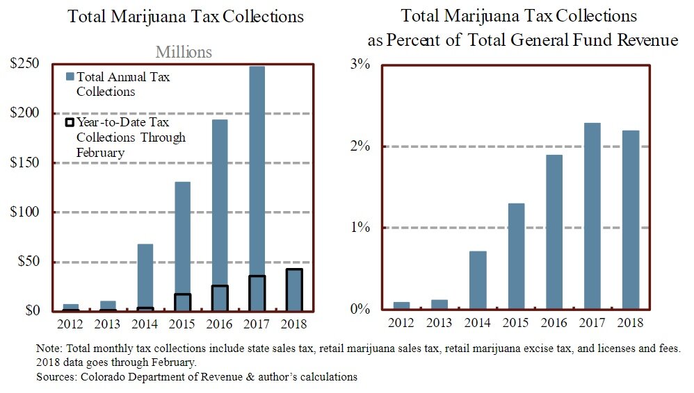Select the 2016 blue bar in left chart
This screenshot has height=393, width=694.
tap(220, 201)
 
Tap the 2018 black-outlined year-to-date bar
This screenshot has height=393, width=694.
tap(295, 290)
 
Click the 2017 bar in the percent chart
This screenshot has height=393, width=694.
tap(592, 216)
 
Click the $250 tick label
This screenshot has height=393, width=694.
tap(24, 64)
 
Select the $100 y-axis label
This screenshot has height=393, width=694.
tap(24, 212)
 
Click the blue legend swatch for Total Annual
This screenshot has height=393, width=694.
tap(70, 76)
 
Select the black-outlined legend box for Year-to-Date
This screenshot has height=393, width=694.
tap(70, 123)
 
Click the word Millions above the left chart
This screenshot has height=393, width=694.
tap(184, 52)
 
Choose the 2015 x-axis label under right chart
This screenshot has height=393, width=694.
tap(515, 323)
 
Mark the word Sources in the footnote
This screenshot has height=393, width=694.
tap(54, 376)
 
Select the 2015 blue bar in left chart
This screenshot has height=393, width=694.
tap(182, 236)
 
